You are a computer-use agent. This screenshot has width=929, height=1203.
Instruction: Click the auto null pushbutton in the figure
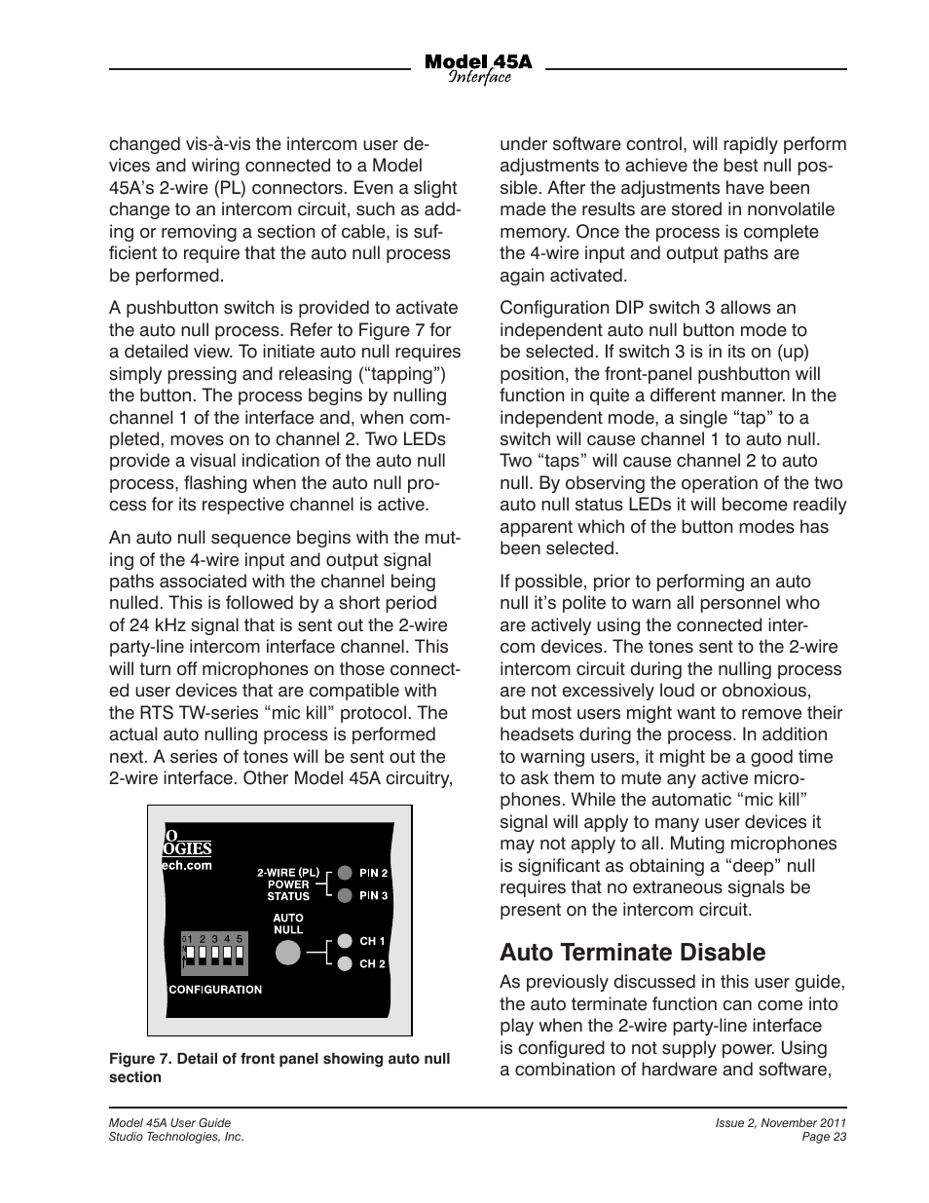288,953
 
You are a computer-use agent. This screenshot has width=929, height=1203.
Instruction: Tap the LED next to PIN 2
345,873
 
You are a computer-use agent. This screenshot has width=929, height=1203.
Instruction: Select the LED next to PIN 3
345,895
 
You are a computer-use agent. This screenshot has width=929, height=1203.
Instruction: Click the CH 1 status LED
345,941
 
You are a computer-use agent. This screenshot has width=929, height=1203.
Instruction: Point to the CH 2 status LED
345,964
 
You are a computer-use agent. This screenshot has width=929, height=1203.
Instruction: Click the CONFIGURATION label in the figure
215,990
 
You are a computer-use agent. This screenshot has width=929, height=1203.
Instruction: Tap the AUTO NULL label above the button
288,923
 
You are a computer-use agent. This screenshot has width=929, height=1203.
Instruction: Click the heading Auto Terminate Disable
632,952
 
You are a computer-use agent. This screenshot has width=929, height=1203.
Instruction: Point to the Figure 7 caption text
279,1068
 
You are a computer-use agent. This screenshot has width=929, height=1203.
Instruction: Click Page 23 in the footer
824,1137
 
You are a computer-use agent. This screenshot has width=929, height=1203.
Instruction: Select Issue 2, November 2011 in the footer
780,1123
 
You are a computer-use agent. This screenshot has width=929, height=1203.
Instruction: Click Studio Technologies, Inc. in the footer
175,1137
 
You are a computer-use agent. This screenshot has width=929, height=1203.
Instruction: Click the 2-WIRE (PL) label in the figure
288,872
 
